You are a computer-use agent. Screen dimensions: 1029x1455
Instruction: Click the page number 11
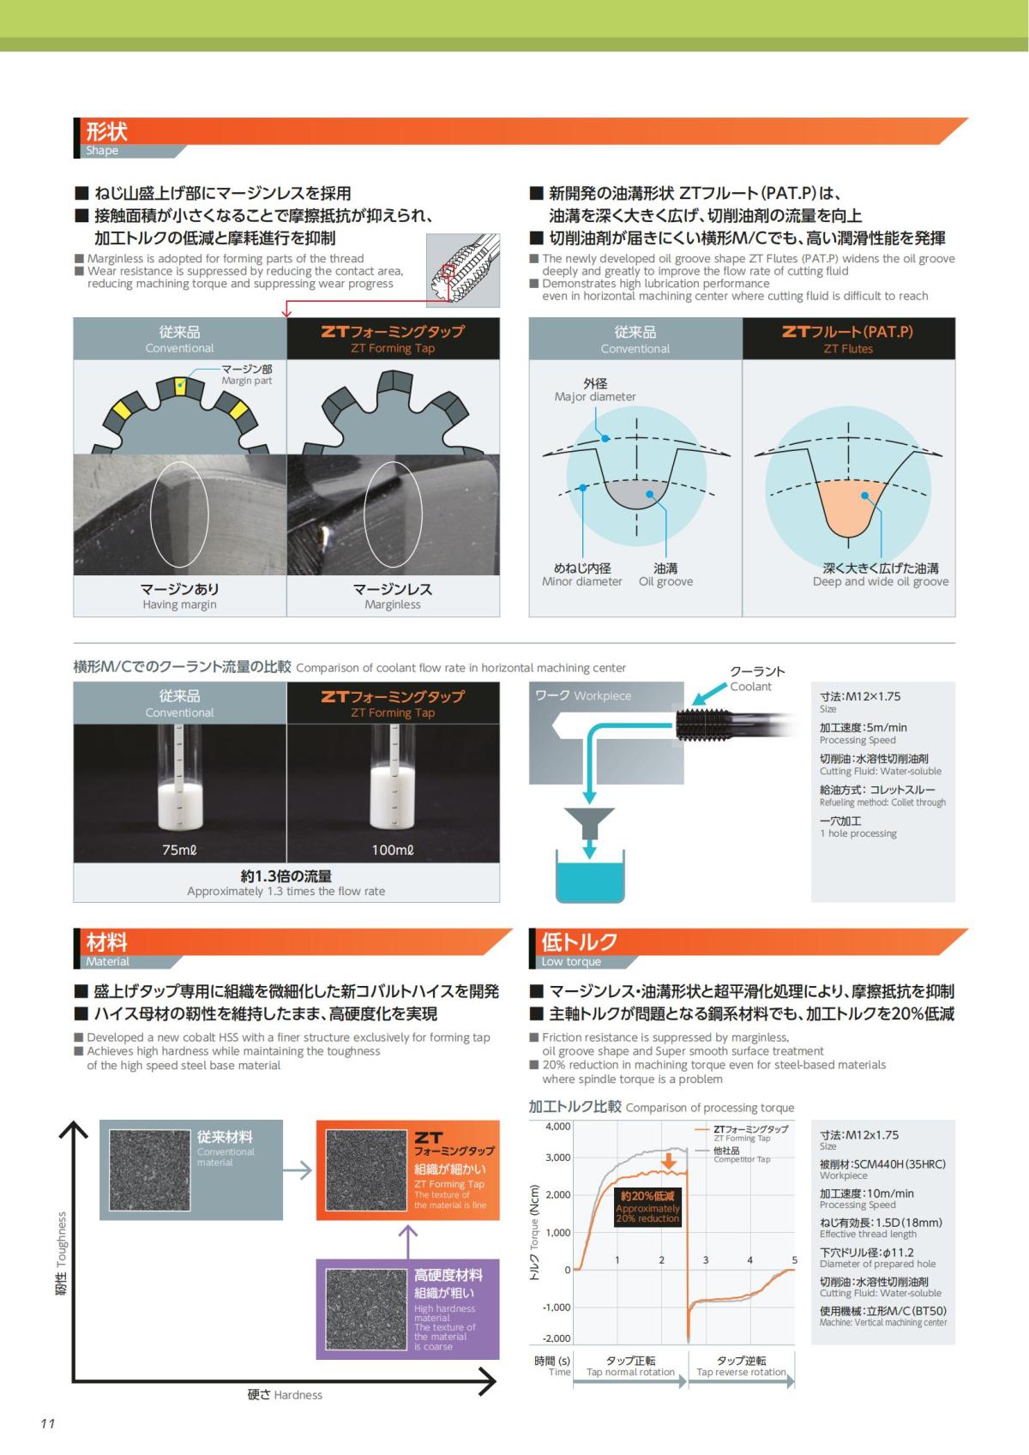point(47,1424)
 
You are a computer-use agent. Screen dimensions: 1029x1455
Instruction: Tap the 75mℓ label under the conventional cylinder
point(178,850)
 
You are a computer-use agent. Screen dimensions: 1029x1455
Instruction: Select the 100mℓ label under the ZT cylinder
point(393,850)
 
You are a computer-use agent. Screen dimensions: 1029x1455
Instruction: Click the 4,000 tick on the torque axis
point(557,1127)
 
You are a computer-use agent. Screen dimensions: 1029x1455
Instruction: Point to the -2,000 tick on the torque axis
point(556,1338)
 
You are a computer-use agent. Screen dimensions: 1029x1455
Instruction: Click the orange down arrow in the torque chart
point(669,1161)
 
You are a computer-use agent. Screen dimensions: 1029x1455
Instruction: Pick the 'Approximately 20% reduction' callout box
point(647,1207)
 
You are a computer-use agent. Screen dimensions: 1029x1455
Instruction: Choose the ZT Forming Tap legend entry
point(742,1133)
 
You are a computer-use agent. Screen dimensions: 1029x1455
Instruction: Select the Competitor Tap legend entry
point(733,1154)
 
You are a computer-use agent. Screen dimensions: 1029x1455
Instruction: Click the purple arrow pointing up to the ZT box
point(407,1242)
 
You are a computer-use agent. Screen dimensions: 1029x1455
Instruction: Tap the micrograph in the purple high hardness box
point(366,1309)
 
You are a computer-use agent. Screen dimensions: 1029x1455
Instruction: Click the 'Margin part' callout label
point(246,375)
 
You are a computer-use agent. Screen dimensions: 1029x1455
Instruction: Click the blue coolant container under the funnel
point(590,875)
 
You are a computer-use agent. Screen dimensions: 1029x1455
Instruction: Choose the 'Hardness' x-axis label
point(285,1395)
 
